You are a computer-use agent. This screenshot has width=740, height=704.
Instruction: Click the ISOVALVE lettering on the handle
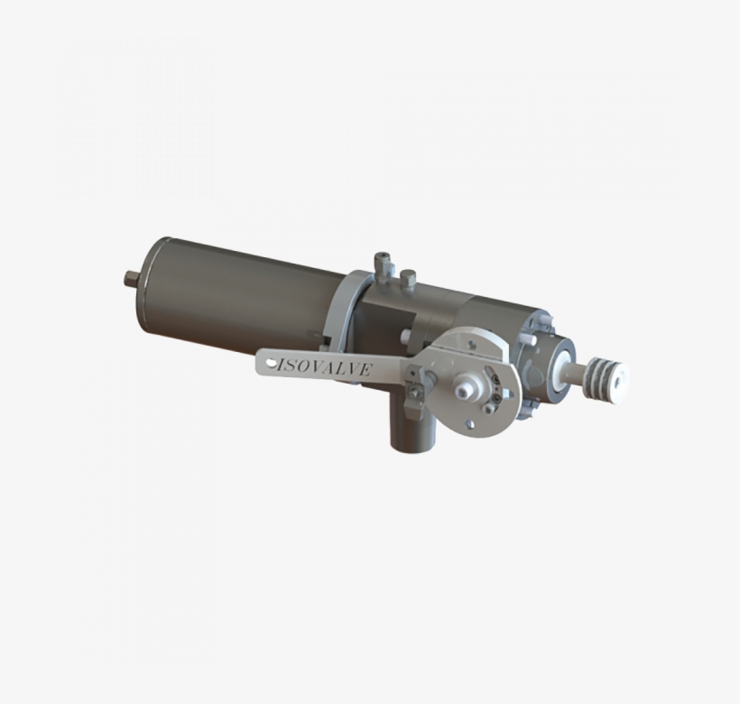pyautogui.click(x=324, y=368)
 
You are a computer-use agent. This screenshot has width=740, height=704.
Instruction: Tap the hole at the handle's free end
pyautogui.click(x=272, y=363)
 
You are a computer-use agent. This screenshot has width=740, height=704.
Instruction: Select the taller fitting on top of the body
pyautogui.click(x=382, y=265)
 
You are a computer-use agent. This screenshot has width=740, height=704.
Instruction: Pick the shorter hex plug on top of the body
pyautogui.click(x=407, y=279)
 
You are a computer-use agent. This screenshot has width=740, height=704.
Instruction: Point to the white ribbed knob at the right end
pyautogui.click(x=608, y=373)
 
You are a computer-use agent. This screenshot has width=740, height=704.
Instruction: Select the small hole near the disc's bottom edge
pyautogui.click(x=467, y=423)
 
